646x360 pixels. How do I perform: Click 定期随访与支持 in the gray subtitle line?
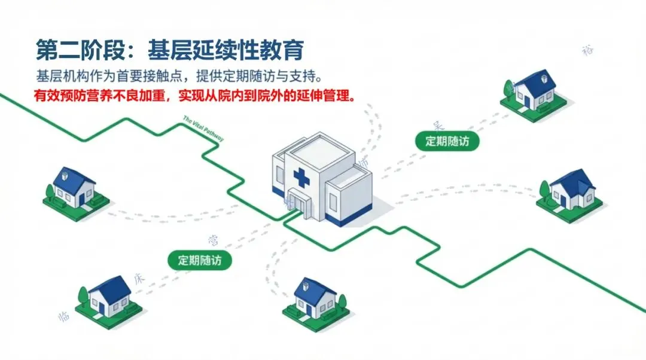[x=284, y=77]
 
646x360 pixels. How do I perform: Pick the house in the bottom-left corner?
[x=109, y=298]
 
